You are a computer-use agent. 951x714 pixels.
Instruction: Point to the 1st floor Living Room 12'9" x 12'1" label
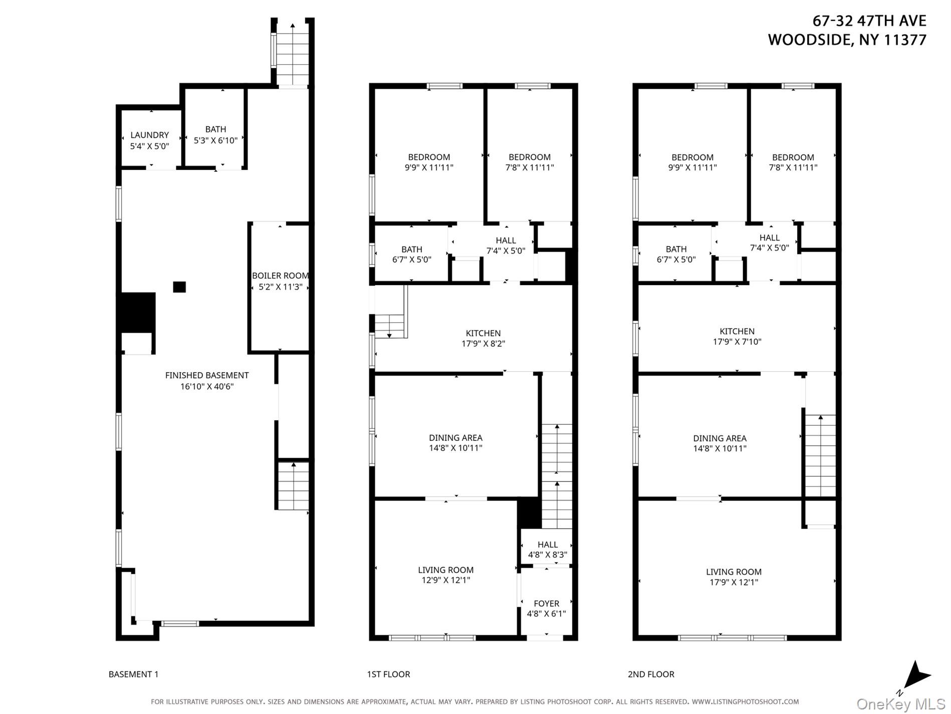click(x=445, y=575)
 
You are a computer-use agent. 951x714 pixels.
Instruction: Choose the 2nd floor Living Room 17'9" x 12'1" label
click(x=734, y=577)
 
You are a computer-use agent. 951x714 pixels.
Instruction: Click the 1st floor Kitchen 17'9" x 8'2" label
click(x=483, y=339)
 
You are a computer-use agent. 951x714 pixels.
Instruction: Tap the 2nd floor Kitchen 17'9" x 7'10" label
click(x=737, y=337)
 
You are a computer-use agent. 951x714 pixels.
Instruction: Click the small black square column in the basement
click(x=179, y=287)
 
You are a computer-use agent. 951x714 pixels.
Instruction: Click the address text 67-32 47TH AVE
click(x=869, y=21)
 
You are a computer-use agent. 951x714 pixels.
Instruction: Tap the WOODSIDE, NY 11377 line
click(x=847, y=40)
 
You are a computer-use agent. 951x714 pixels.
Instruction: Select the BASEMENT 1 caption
click(x=133, y=674)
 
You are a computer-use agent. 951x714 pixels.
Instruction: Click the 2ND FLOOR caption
click(x=651, y=674)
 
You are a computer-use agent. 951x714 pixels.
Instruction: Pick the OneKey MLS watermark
click(x=900, y=704)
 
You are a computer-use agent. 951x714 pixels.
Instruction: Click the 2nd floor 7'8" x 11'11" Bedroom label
click(x=793, y=162)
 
